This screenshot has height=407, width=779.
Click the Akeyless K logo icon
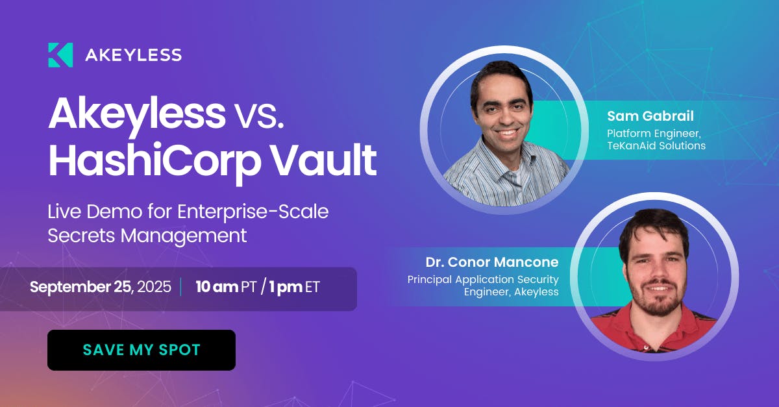point(60,55)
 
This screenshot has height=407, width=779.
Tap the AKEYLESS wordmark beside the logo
point(133,55)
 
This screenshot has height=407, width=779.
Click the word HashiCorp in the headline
point(155,162)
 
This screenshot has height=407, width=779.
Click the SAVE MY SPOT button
point(142,350)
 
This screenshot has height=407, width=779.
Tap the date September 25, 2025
point(101,287)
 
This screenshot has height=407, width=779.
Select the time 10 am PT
point(226,287)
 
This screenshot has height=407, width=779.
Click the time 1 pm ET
point(294,287)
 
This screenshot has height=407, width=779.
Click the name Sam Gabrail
point(650,116)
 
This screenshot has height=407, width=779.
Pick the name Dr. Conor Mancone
point(492,262)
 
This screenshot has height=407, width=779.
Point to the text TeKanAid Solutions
point(656,145)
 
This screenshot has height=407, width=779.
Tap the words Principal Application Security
point(483,280)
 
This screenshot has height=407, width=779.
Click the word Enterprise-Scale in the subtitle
point(253,212)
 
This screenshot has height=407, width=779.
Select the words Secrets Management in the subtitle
point(147,236)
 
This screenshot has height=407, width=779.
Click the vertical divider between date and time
point(181,287)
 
